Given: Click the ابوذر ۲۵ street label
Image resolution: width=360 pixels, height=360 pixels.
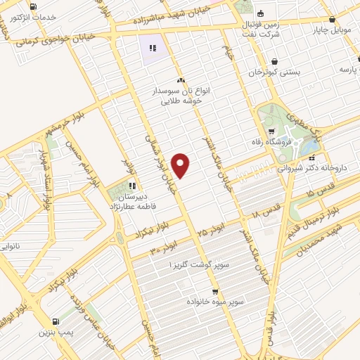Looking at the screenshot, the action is [x=212, y=229].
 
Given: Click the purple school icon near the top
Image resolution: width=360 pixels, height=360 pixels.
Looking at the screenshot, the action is [x=153, y=49].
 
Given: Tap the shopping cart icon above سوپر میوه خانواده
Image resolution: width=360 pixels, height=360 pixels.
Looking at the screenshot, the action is [x=215, y=291].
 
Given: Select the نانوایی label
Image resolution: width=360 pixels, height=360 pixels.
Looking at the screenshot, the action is [x=15, y=247].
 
